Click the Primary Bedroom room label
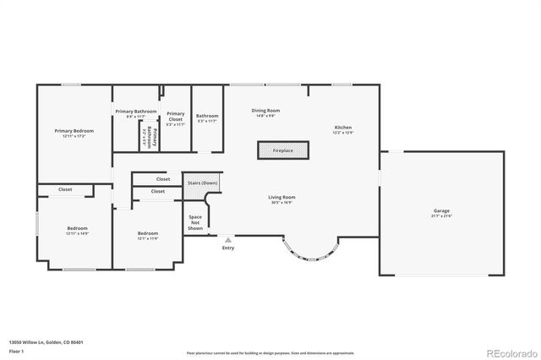pos(74,131)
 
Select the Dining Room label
pos(265,111)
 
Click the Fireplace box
pos(282,150)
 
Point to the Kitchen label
pos(342,128)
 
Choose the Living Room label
pos(282,197)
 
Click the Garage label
pos(441,212)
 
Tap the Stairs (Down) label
pos(202,183)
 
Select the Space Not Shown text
pos(195,222)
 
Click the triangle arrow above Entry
pos(227,240)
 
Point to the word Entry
pos(228,248)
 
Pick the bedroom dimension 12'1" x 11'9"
pos(148,239)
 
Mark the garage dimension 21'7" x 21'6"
pos(441,217)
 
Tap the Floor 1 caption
pos(16,350)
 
